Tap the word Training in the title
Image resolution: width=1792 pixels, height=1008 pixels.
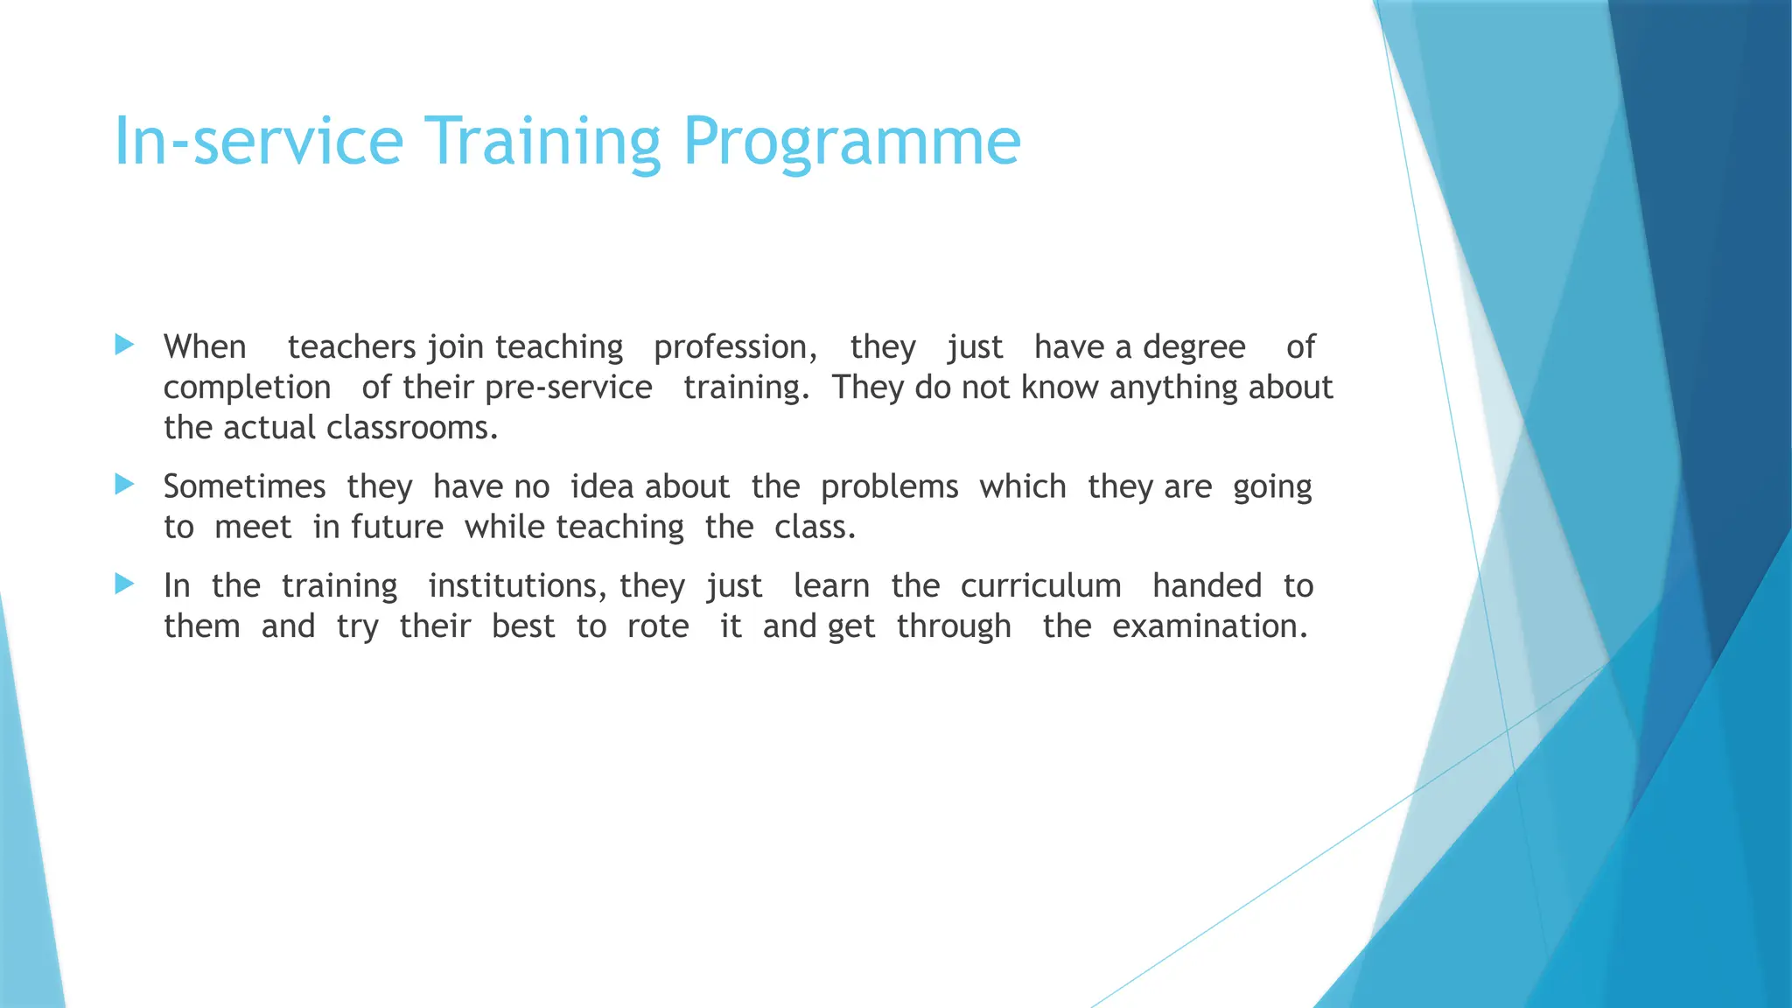point(542,142)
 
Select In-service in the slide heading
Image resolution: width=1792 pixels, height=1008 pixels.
point(259,142)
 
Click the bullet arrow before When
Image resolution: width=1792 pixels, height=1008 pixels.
point(124,345)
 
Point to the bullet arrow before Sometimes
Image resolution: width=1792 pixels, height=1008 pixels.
point(124,484)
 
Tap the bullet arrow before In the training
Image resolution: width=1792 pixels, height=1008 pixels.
point(124,584)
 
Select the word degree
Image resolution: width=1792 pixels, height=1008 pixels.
point(1193,348)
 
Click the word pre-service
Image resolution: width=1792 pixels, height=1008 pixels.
point(569,388)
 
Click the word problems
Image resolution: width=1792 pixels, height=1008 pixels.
point(889,487)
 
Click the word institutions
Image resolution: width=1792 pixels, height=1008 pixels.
point(516,586)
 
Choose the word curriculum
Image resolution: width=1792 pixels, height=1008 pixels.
point(1040,586)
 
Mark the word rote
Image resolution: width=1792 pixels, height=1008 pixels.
point(658,626)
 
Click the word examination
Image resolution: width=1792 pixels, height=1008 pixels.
point(1209,626)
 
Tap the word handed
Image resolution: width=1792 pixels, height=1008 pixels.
point(1207,586)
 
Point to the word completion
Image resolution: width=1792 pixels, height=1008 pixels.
point(247,388)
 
